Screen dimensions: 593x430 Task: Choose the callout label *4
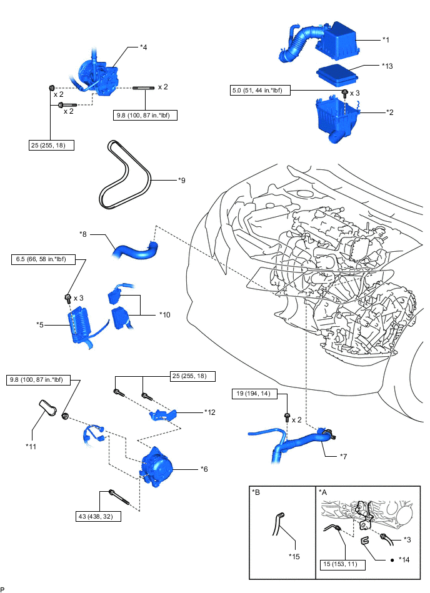143,47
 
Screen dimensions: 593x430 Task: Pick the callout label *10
165,314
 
